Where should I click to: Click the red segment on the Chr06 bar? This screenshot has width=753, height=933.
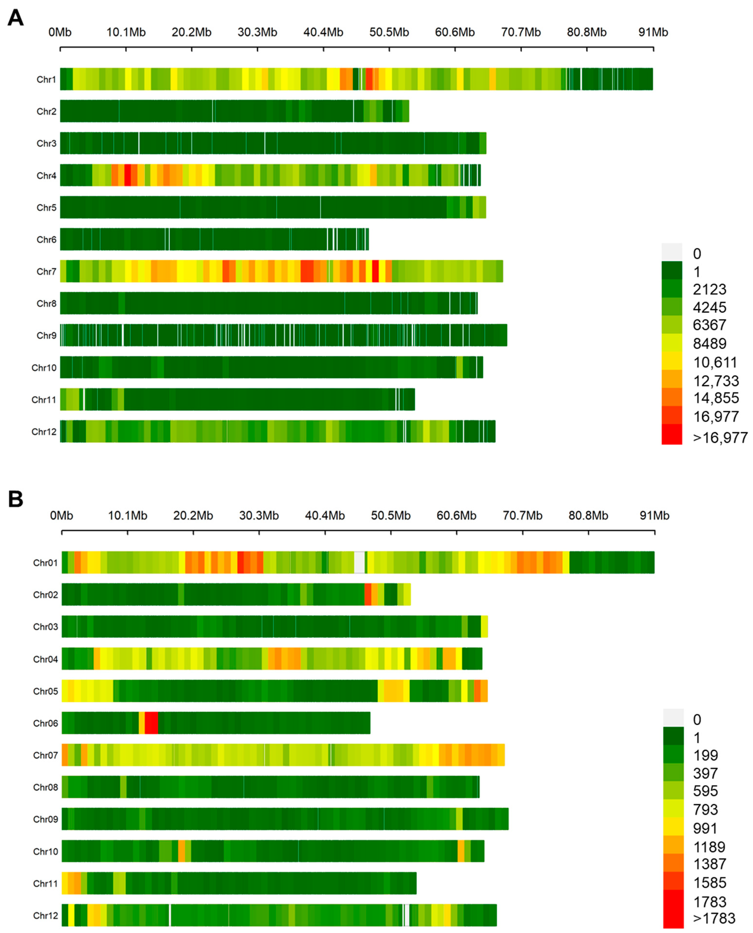[151, 723]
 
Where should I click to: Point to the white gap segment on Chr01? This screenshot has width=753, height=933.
[359, 562]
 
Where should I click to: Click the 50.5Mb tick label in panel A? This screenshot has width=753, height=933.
[389, 32]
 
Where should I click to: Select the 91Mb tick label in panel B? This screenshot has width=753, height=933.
[654, 516]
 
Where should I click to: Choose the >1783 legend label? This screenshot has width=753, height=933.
[714, 918]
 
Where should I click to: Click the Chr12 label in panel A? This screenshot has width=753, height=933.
[44, 432]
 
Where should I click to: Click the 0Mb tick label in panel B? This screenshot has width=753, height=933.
[61, 516]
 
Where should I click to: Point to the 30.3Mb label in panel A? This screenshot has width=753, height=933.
[257, 32]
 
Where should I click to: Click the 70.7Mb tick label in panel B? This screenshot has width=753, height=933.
[522, 516]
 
